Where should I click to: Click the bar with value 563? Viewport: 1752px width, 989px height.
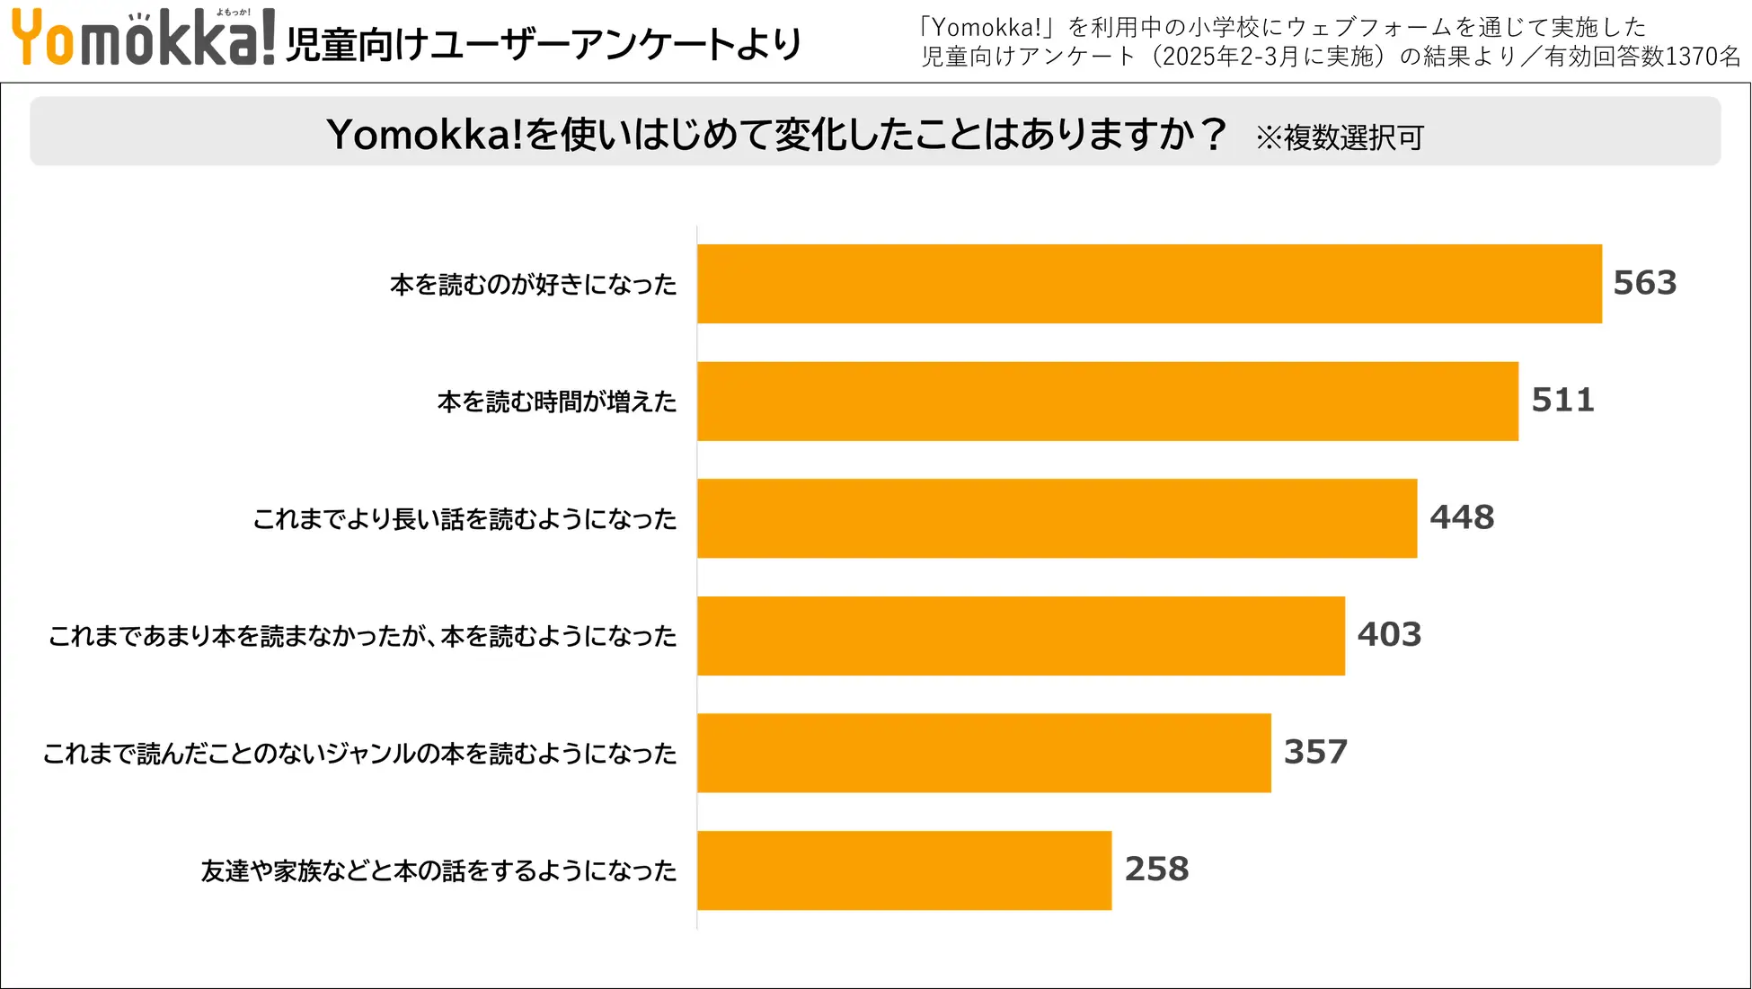click(x=1149, y=284)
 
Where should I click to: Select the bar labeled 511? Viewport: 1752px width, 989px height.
click(x=1108, y=402)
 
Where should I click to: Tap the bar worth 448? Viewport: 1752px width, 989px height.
click(x=1057, y=518)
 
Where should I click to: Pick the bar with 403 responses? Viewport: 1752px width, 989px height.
click(x=1021, y=636)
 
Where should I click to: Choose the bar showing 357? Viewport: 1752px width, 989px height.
click(x=984, y=753)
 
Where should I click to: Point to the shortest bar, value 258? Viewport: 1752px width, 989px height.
click(x=904, y=870)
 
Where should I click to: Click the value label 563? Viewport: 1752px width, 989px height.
click(x=1644, y=283)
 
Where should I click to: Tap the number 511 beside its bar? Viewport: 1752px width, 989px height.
click(x=1562, y=400)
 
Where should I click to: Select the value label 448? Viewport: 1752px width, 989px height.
click(x=1462, y=517)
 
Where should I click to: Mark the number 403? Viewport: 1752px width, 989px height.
click(x=1389, y=634)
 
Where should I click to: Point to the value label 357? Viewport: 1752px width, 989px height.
click(x=1315, y=752)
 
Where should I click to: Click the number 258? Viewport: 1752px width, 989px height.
click(x=1156, y=869)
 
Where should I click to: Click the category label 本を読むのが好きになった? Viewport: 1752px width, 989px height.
click(x=533, y=285)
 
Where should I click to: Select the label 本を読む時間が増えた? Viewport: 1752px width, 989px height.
click(x=557, y=402)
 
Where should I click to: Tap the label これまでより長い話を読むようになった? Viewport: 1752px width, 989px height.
click(x=465, y=519)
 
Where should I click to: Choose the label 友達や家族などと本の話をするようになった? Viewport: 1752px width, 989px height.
click(x=438, y=870)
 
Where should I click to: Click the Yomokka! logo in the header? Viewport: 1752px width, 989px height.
click(x=143, y=38)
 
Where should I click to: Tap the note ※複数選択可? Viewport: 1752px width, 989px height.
click(x=1339, y=137)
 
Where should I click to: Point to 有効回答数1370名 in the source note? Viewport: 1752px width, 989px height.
click(x=1642, y=57)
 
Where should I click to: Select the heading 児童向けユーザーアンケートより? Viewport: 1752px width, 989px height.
click(x=544, y=44)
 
